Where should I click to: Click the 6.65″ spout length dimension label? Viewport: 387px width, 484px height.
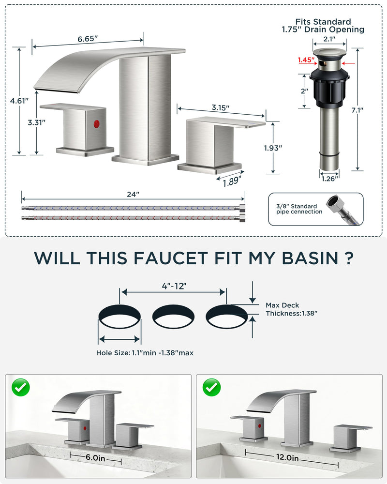pyautogui.click(x=88, y=39)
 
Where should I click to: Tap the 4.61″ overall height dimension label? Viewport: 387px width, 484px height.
pyautogui.click(x=19, y=101)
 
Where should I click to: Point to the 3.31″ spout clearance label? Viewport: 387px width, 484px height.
pyautogui.click(x=36, y=122)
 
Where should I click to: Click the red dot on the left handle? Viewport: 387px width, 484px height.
pyautogui.click(x=97, y=124)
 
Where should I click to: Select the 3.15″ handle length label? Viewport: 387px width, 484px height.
pyautogui.click(x=221, y=108)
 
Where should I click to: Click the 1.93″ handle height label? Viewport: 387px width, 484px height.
pyautogui.click(x=273, y=148)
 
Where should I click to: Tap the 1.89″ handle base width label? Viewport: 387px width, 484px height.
pyautogui.click(x=232, y=181)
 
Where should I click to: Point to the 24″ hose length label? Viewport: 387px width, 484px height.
pyautogui.click(x=133, y=194)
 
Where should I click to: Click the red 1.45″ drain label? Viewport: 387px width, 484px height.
pyautogui.click(x=306, y=60)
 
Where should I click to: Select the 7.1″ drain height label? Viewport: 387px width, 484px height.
pyautogui.click(x=357, y=110)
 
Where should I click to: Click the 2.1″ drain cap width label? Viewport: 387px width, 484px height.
pyautogui.click(x=329, y=39)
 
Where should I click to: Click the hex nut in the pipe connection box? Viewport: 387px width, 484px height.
pyautogui.click(x=335, y=202)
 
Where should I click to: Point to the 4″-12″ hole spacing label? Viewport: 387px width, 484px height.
pyautogui.click(x=174, y=286)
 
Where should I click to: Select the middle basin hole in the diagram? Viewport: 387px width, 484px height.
pyautogui.click(x=174, y=317)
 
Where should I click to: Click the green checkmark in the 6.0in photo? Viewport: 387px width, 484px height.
pyautogui.click(x=21, y=387)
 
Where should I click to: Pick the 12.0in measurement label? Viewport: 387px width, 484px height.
pyautogui.click(x=287, y=457)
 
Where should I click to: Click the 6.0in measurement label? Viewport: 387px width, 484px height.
pyautogui.click(x=95, y=458)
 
